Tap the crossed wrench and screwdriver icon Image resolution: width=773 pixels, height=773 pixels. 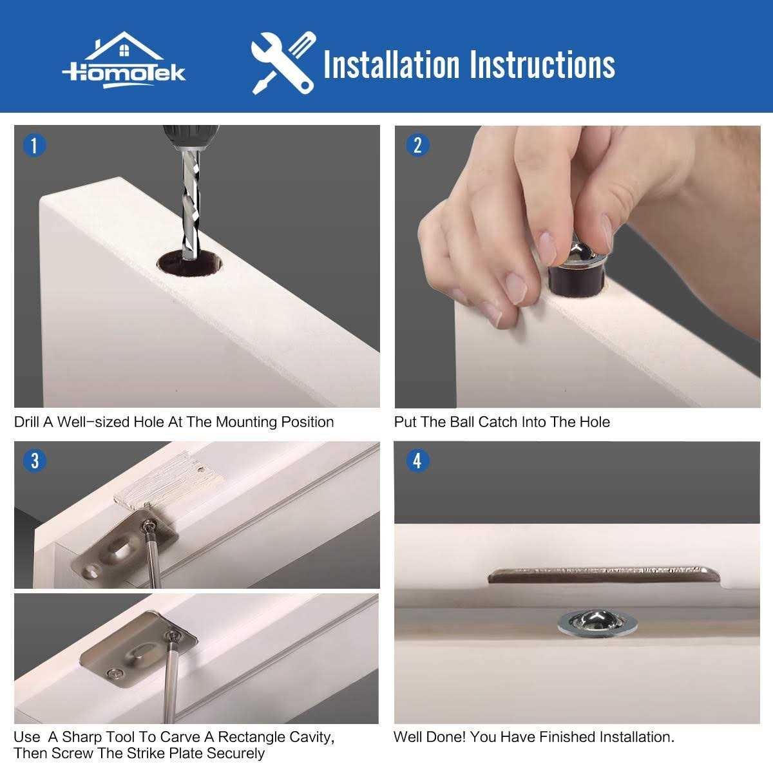tap(283, 63)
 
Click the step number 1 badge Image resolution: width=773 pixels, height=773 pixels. tap(34, 145)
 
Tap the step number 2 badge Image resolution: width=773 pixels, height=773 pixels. tap(417, 145)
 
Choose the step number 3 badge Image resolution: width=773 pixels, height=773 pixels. tap(34, 461)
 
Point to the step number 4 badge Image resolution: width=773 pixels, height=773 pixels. tap(417, 461)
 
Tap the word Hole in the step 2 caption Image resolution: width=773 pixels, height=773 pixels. tap(594, 423)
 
